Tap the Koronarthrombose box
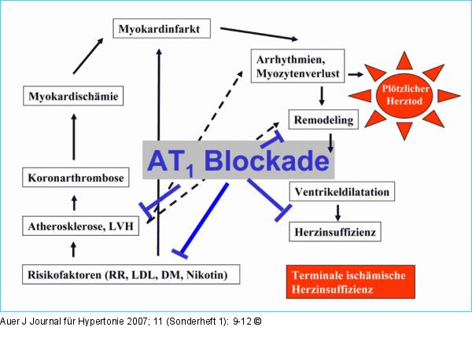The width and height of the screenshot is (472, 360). pos(74,178)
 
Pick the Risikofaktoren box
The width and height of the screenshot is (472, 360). pos(130,275)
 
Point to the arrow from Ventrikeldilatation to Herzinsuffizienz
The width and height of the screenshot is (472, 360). pos(337,212)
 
